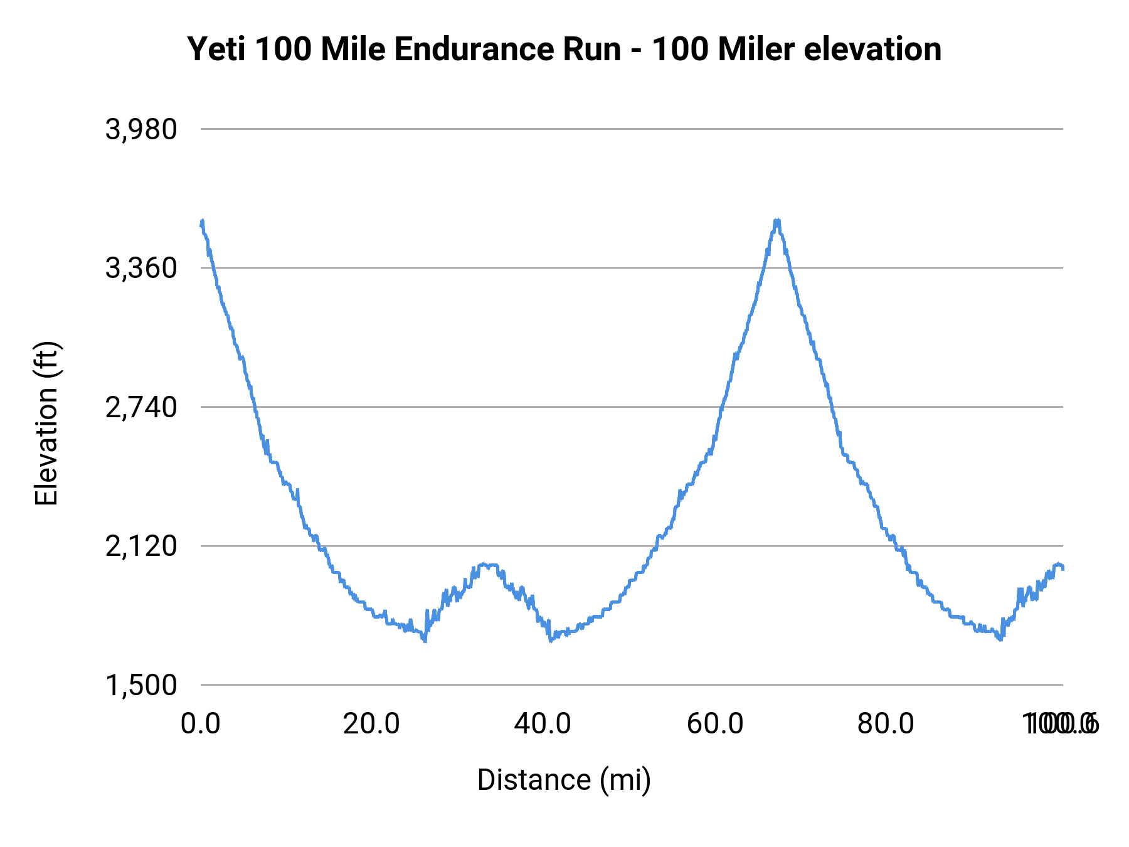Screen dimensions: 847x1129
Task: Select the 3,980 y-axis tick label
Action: (141, 130)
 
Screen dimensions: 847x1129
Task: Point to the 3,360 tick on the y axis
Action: (141, 269)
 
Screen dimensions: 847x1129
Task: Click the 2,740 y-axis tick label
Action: (141, 408)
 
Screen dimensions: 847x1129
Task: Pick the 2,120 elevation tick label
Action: (141, 546)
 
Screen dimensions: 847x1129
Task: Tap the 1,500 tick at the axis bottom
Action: (141, 685)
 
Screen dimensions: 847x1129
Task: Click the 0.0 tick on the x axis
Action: (201, 724)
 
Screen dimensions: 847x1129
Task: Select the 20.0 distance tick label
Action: (371, 724)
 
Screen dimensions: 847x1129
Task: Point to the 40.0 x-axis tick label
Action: (543, 724)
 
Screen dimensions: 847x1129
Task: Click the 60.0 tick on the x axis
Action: (715, 724)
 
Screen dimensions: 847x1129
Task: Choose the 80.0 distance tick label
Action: (886, 724)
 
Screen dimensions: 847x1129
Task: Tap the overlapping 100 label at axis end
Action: (1060, 724)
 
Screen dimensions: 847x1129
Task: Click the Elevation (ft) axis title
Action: (46, 423)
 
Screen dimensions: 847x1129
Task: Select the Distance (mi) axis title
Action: (564, 780)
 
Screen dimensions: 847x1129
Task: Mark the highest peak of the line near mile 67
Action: (777, 221)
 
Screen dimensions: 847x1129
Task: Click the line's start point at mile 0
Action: (201, 223)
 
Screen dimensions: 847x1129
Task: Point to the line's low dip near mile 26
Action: (425, 640)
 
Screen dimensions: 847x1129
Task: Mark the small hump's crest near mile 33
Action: (486, 565)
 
